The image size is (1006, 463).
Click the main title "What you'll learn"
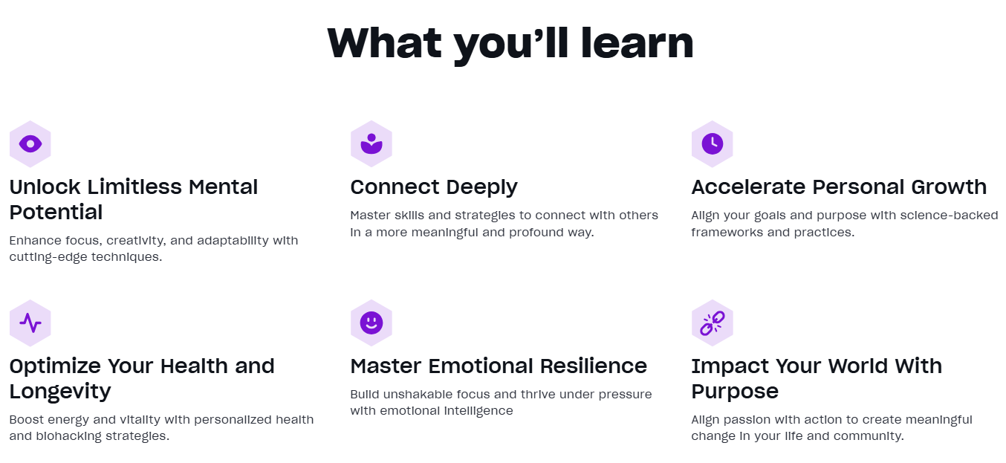[x=510, y=44]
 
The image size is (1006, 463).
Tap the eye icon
[x=30, y=144]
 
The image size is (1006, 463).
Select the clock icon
[x=713, y=143]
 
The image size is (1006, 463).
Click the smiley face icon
[x=371, y=323]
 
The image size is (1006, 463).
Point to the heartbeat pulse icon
[x=30, y=323]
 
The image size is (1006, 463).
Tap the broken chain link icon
[x=713, y=323]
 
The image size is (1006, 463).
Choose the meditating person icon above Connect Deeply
[x=371, y=143]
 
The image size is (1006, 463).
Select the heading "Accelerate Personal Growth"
[x=839, y=187]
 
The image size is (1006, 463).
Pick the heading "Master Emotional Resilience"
[x=499, y=366]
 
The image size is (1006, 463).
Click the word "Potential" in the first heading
[x=56, y=213]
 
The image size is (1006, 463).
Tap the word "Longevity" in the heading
[x=60, y=392]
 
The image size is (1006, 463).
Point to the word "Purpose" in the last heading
[x=735, y=392]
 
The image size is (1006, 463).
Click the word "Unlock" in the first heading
[x=45, y=187]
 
